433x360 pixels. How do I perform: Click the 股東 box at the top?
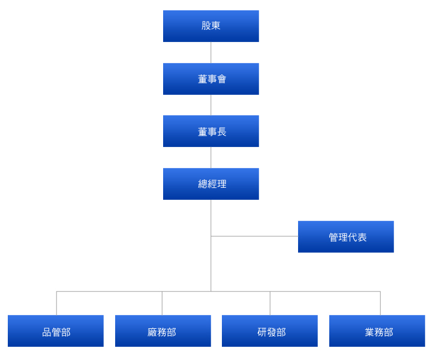coord(211,26)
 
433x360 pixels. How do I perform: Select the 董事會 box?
coord(211,79)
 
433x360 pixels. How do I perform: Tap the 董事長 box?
coord(211,131)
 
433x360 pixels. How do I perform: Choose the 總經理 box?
coord(211,184)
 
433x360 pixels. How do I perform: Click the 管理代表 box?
coord(345,236)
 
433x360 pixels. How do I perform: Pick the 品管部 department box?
coord(56,331)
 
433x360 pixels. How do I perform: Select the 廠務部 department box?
coord(163,331)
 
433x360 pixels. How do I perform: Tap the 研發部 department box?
coord(270,331)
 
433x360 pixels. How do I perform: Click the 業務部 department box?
coord(377,331)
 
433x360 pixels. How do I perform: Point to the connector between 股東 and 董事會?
coord(211,52)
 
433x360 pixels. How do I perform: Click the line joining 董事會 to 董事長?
coord(211,105)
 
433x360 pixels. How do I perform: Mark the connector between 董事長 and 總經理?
coord(211,157)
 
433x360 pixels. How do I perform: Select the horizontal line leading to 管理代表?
coord(254,236)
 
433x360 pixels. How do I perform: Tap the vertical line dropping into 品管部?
coord(56,303)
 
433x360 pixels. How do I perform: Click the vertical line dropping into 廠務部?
coord(162,303)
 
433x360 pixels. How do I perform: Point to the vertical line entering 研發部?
coord(270,303)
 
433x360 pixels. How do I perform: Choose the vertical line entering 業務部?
coord(380,303)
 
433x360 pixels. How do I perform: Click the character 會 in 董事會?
coord(222,79)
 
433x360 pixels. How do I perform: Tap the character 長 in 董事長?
coord(222,131)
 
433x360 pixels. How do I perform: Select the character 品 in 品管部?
coord(47,332)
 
